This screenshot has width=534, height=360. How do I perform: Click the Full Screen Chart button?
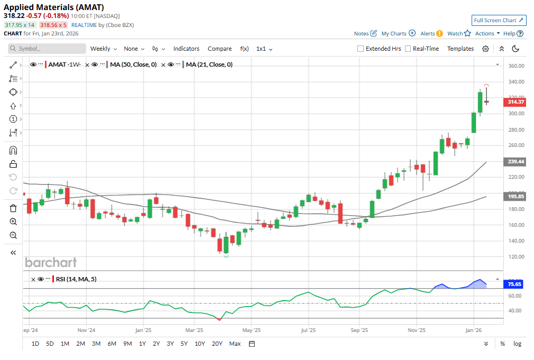coord(499,20)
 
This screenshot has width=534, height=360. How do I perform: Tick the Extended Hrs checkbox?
coord(361,49)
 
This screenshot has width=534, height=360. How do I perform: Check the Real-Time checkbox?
coord(408,49)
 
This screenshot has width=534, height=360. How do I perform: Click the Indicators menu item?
coord(186,49)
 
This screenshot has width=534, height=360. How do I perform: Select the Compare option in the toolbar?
coord(219,49)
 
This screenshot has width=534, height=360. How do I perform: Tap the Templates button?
coord(461,49)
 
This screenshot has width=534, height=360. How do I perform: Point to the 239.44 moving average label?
coord(514,162)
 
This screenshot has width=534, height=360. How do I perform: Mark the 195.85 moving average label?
coord(514,196)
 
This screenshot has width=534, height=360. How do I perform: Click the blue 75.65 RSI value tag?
coord(514,284)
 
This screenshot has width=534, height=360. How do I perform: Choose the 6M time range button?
coord(112,344)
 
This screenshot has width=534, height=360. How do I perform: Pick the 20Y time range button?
coord(217,344)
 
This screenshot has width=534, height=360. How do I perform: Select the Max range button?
coord(235,344)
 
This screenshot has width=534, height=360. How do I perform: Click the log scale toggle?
coord(517,344)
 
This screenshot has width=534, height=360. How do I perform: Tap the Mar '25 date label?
coord(195,330)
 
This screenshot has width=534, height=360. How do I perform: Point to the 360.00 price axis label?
coord(515,66)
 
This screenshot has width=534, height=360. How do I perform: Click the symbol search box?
coord(48,49)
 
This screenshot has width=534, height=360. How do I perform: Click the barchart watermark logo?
coord(51,262)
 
